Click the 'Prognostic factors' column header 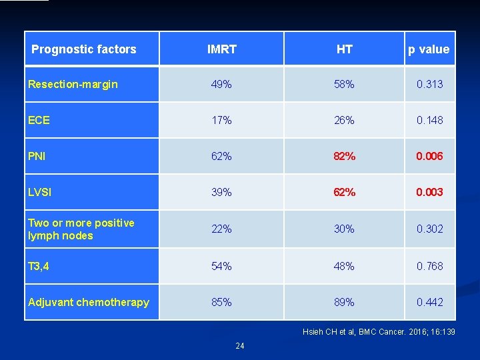(x=84, y=49)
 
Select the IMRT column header (x=221, y=49)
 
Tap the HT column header (x=344, y=49)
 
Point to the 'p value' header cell (x=429, y=49)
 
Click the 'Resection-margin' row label (x=73, y=84)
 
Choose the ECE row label (x=39, y=121)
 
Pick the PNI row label (x=38, y=157)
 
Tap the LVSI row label (x=40, y=193)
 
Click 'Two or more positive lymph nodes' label (x=81, y=229)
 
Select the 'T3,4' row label (x=39, y=266)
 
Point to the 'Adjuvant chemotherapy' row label (x=89, y=302)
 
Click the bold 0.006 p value (x=429, y=157)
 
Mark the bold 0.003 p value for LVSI (x=429, y=193)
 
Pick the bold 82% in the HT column (x=344, y=157)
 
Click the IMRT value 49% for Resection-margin (x=221, y=84)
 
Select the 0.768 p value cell (x=429, y=266)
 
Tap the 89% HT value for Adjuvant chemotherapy (x=344, y=302)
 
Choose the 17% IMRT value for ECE (x=221, y=121)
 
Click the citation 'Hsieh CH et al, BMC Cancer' (x=379, y=331)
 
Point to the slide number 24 (x=239, y=345)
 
